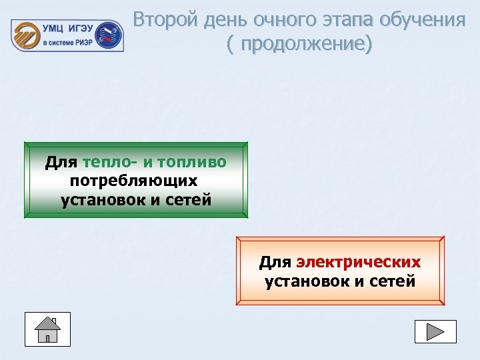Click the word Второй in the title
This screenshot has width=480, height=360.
click(x=162, y=20)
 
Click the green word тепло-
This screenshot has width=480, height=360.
click(x=109, y=162)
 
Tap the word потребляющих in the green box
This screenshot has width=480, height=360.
click(x=134, y=181)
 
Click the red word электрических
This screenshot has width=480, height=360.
click(x=359, y=262)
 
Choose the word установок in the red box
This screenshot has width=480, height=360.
click(x=307, y=281)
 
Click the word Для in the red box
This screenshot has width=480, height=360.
click(x=275, y=262)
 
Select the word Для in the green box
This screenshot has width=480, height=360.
click(x=61, y=162)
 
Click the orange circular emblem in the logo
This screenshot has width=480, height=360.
click(x=27, y=34)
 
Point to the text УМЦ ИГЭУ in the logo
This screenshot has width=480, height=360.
click(x=69, y=29)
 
